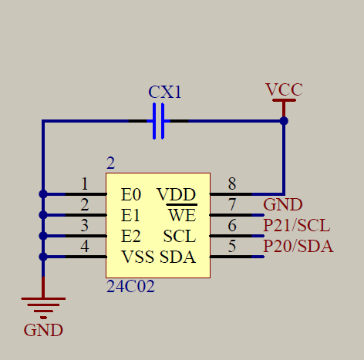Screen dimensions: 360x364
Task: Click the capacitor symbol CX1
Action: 159,121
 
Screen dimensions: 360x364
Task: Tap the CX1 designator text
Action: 165,93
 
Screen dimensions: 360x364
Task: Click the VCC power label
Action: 283,89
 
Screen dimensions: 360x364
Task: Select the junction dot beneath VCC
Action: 284,121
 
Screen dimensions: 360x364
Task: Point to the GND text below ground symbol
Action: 42,331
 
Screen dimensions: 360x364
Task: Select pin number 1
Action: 84,184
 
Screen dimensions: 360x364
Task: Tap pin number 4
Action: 84,247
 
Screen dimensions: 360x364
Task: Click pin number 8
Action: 231,184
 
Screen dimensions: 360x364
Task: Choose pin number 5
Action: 231,247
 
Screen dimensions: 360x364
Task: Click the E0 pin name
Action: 130,194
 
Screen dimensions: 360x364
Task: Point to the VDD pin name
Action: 176,194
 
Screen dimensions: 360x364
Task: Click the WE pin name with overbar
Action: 182,215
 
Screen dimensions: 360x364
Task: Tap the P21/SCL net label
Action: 297,226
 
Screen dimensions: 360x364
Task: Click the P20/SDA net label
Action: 298,247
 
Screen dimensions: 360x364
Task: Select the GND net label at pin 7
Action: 282,205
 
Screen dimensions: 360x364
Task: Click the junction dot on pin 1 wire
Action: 42,194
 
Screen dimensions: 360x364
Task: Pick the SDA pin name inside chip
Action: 177,257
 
